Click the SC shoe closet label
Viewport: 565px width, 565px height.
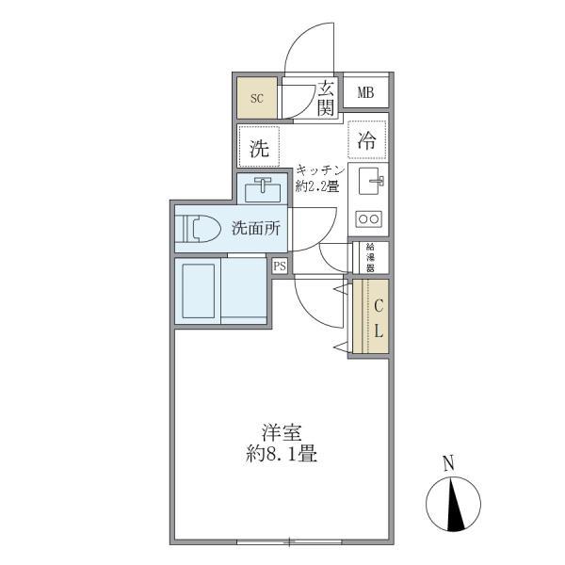click(x=257, y=97)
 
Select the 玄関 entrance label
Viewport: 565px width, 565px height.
click(x=325, y=98)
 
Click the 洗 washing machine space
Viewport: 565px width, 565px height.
click(x=258, y=147)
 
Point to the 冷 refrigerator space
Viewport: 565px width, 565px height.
click(x=367, y=141)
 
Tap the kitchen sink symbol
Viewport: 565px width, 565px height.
click(x=368, y=182)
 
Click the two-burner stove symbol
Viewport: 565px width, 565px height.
click(x=367, y=219)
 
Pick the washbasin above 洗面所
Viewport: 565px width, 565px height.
click(x=263, y=190)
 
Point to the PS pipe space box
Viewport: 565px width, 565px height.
click(x=280, y=266)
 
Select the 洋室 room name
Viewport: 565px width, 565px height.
click(x=282, y=435)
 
